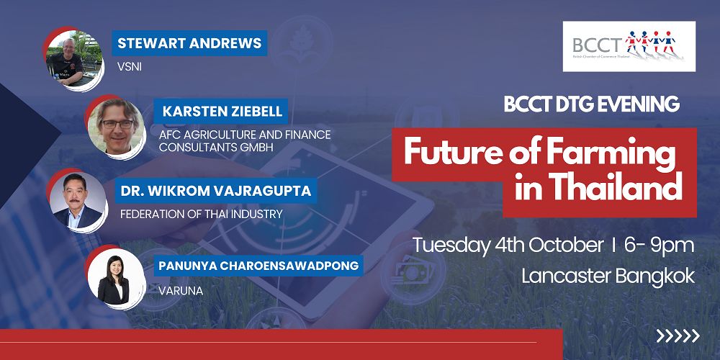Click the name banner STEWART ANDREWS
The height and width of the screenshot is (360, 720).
tap(189, 43)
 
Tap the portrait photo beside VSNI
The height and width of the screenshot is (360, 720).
tap(73, 58)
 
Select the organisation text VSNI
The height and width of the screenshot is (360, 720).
tap(130, 66)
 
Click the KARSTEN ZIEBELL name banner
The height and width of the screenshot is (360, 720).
tap(220, 112)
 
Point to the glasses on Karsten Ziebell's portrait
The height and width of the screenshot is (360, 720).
tap(117, 124)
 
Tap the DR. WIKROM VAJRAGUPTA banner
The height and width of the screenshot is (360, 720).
tap(215, 191)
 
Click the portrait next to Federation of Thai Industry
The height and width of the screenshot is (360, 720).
tap(77, 200)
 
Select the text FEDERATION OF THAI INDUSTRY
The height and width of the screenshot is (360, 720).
tap(201, 214)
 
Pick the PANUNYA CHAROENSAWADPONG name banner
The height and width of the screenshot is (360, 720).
tap(258, 266)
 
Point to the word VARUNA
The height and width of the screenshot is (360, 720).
tap(181, 291)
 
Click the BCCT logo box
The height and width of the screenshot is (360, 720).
tap(629, 46)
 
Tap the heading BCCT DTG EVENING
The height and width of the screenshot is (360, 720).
tap(591, 104)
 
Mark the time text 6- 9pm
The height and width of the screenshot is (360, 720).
tap(659, 246)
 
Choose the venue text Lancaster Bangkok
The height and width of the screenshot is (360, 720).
tap(608, 276)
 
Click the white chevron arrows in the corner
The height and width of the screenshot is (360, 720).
tap(678, 336)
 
